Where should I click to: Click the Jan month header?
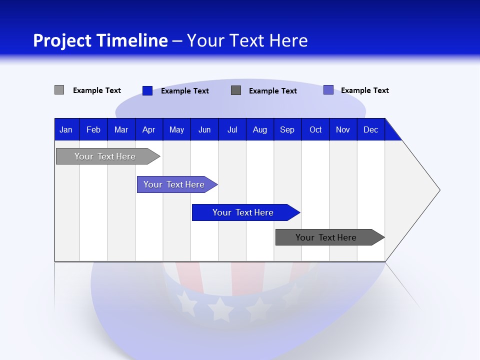pyautogui.click(x=66, y=129)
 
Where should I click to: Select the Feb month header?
pyautogui.click(x=93, y=129)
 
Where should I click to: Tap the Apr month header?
pyautogui.click(x=148, y=129)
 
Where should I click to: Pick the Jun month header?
pyautogui.click(x=204, y=129)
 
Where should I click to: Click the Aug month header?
pyautogui.click(x=260, y=129)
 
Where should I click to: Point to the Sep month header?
pyautogui.click(x=287, y=129)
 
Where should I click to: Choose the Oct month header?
pyautogui.click(x=315, y=129)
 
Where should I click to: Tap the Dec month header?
pyautogui.click(x=371, y=129)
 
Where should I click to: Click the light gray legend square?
pyautogui.click(x=59, y=90)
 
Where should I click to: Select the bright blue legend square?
pyautogui.click(x=147, y=90)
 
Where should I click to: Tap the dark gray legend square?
pyautogui.click(x=236, y=90)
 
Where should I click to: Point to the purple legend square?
pyautogui.click(x=328, y=90)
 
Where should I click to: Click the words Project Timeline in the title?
pyautogui.click(x=100, y=40)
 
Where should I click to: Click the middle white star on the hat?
pyautogui.click(x=220, y=309)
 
